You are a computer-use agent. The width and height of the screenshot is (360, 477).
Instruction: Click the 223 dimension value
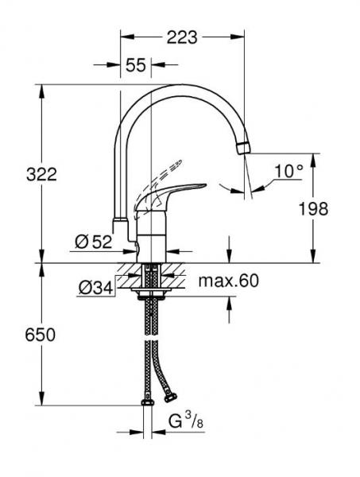point(182,37)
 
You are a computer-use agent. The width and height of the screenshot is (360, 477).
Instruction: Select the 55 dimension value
point(137,67)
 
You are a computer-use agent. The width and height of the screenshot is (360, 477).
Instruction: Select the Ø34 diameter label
point(95,288)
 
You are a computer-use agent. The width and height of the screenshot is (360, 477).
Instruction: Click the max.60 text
point(228,281)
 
